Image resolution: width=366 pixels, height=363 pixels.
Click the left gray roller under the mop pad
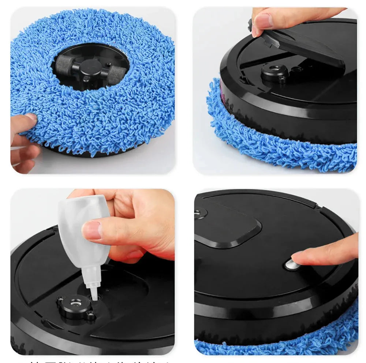(x=65, y=65)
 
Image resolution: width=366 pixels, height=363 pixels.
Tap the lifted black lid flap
(x=304, y=48)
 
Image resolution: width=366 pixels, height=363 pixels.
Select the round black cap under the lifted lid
(x=274, y=71)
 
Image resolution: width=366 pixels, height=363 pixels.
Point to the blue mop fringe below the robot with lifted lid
(x=285, y=147)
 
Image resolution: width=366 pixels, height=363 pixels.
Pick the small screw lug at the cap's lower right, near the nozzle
(x=91, y=314)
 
